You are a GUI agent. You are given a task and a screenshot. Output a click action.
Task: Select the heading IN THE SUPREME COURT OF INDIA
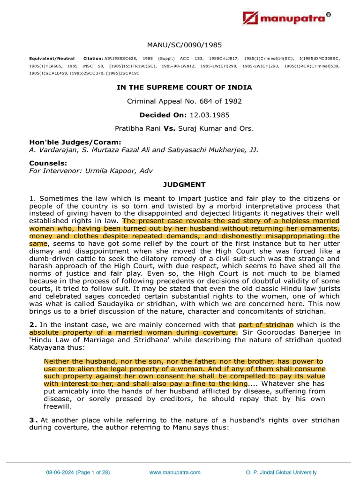pyautogui.click(x=184, y=87)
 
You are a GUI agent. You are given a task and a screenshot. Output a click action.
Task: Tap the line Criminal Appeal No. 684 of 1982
pyautogui.click(x=184, y=101)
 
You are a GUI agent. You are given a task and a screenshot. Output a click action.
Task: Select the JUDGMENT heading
pyautogui.click(x=184, y=185)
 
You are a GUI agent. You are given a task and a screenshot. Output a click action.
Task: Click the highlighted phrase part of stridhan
pyautogui.click(x=266, y=324)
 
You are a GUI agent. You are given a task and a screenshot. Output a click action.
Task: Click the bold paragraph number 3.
pyautogui.click(x=31, y=420)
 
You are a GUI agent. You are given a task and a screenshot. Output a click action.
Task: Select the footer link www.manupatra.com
pyautogui.click(x=175, y=472)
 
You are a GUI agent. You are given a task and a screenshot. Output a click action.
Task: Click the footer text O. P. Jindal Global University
pyautogui.click(x=281, y=472)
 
